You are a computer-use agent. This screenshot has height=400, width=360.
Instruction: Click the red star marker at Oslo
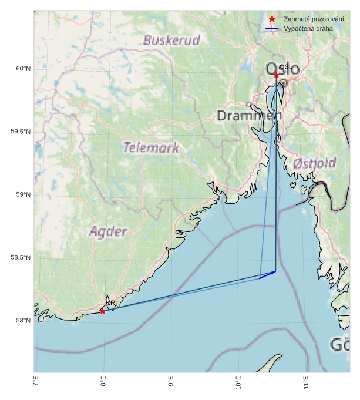click(x=276, y=75)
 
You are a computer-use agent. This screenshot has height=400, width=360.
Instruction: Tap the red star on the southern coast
click(x=102, y=311)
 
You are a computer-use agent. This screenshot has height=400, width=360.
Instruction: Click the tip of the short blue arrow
click(x=276, y=271)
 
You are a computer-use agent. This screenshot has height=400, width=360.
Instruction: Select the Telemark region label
click(x=151, y=148)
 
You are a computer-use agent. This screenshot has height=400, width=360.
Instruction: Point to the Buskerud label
click(x=171, y=41)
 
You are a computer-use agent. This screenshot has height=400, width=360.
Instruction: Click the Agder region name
click(x=108, y=232)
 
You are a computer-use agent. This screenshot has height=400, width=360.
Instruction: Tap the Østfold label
click(x=314, y=163)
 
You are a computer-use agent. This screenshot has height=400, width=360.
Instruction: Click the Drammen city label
click(x=249, y=116)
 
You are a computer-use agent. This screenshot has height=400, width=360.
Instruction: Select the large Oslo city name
click(x=282, y=69)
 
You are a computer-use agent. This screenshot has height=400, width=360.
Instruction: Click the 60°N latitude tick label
click(x=23, y=69)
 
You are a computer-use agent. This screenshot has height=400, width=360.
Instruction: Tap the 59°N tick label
click(x=23, y=195)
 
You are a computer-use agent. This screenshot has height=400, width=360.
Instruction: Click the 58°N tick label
click(x=23, y=321)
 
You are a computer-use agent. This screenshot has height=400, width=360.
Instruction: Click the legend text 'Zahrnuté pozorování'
click(x=314, y=19)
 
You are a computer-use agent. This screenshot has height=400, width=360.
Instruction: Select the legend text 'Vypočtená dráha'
click(x=308, y=29)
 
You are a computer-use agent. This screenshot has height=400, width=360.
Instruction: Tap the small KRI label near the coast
click(x=111, y=303)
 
